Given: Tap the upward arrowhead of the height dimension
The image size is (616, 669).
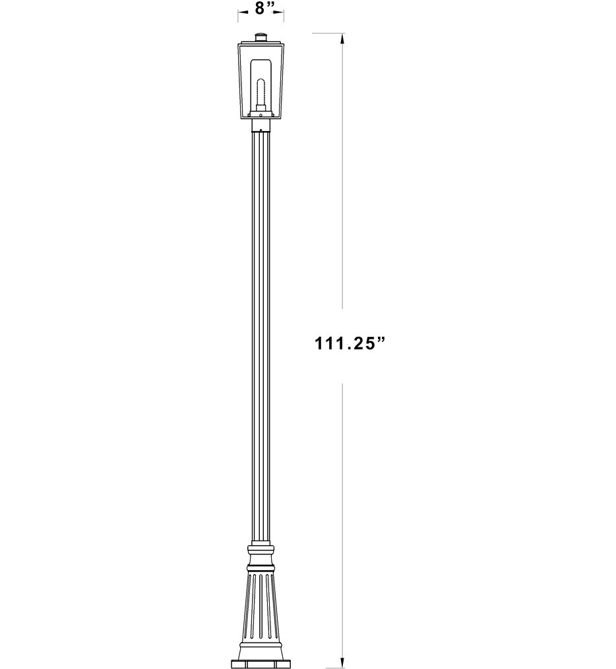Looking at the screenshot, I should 341,39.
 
